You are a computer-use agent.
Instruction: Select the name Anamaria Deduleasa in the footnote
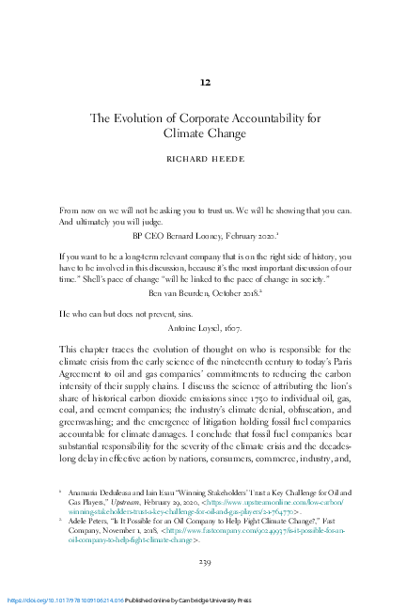click(x=104, y=491)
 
